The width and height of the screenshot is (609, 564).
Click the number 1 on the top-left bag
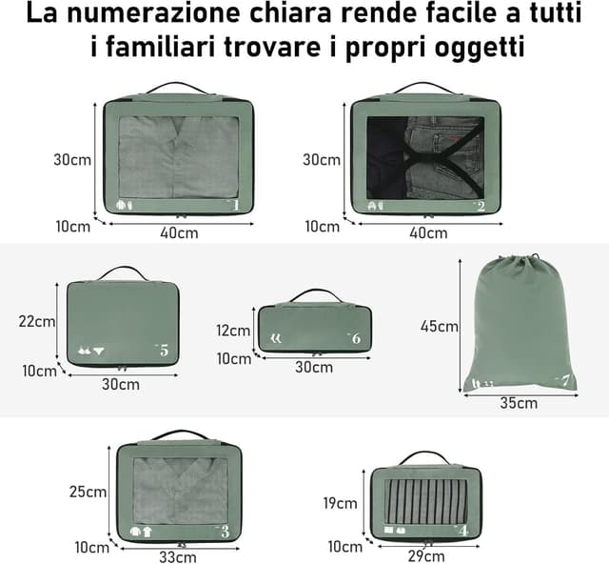coord(235,203)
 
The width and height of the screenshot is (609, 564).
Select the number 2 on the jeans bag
coord(481,206)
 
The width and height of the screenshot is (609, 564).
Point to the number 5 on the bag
coord(163,351)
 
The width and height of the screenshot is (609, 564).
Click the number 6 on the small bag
coord(355,338)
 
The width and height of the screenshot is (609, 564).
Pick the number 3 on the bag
coord(225,531)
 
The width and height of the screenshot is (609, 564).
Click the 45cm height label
coord(440,326)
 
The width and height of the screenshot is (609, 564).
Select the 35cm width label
coord(519,403)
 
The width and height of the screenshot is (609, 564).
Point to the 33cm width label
coord(177,557)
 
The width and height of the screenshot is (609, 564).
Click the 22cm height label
coord(37,321)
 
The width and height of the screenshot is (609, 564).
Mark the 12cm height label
coord(232,331)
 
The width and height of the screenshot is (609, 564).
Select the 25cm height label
coord(88,492)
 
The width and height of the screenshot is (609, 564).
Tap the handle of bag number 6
coord(316,292)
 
